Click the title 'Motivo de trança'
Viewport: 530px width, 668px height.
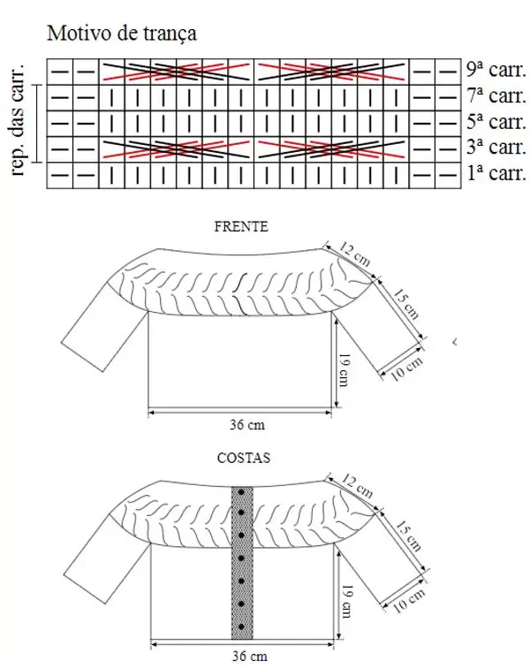(121, 34)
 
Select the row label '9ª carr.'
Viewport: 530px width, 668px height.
(496, 70)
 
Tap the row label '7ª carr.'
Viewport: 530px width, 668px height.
(496, 95)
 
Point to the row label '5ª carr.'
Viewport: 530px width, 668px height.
(496, 121)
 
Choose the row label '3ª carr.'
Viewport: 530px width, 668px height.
(496, 147)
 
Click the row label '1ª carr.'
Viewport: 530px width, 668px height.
(496, 173)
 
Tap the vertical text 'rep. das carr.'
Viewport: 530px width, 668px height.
(18, 120)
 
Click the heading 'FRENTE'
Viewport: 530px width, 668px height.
(241, 226)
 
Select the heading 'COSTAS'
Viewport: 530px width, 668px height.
(243, 458)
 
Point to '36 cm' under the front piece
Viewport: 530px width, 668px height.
(247, 425)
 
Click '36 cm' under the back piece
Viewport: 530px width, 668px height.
(250, 656)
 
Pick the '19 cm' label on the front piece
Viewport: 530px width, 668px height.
(344, 369)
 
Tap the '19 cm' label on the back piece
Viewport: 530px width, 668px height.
(347, 601)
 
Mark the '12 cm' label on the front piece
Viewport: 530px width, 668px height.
(355, 254)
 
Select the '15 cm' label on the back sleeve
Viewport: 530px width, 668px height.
(408, 535)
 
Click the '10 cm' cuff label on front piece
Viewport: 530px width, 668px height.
(406, 368)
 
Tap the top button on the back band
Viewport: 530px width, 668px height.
(241, 492)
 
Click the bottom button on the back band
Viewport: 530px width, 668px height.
(241, 627)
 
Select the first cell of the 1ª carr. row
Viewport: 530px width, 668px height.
(60, 175)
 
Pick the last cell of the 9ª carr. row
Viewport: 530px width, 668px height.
(448, 72)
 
